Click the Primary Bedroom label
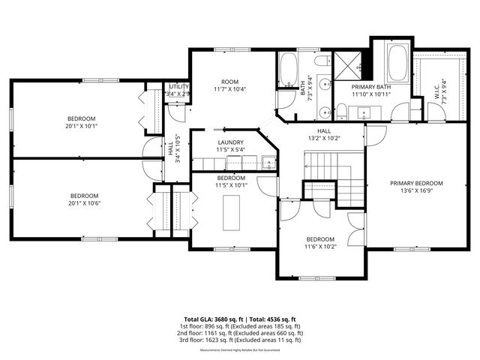(x=416, y=183)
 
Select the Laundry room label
(x=230, y=142)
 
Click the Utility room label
(x=178, y=87)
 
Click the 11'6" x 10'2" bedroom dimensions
(x=320, y=246)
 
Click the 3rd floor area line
(x=239, y=340)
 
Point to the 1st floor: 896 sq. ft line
(x=239, y=326)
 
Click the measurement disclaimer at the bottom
(x=239, y=350)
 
